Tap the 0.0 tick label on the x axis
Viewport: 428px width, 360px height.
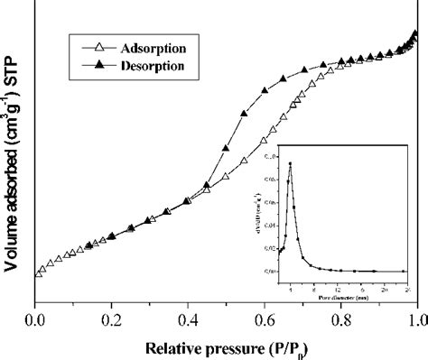coord(35,319)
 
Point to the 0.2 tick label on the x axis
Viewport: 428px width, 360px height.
coord(112,319)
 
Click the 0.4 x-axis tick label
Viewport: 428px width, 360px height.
coord(188,319)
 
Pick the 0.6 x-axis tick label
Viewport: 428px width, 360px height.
coord(265,319)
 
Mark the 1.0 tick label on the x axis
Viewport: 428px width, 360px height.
coord(416,319)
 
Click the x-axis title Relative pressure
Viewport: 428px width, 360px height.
coord(227,345)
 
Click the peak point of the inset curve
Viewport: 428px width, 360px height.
coord(290,163)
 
